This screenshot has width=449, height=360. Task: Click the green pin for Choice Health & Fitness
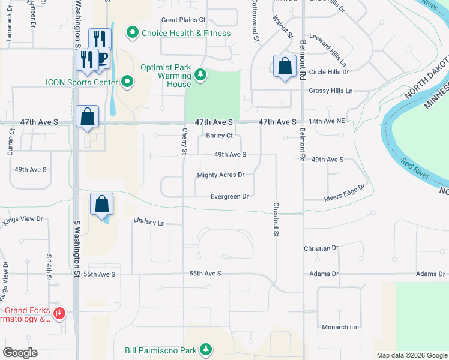tap(131, 32)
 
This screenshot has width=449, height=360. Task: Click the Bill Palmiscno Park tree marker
tap(205, 349)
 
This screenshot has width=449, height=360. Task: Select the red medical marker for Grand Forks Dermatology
tap(59, 313)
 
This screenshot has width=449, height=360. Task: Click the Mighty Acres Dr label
tap(220, 175)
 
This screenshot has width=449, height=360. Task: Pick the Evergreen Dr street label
tap(229, 196)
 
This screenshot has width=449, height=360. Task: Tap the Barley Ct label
tap(219, 136)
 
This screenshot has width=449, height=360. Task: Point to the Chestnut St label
tap(277, 218)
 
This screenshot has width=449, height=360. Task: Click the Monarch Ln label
tap(339, 327)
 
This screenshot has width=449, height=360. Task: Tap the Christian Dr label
tap(321, 248)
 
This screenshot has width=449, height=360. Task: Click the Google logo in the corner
tap(20, 353)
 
